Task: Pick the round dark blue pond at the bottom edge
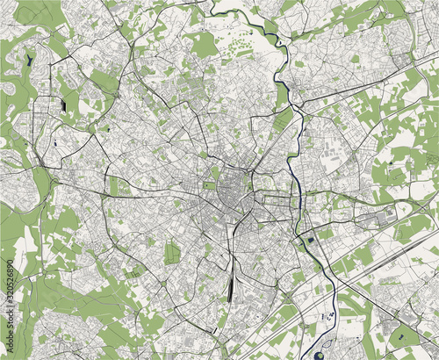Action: [x=317, y=355]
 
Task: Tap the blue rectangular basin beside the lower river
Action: [x=310, y=238]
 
